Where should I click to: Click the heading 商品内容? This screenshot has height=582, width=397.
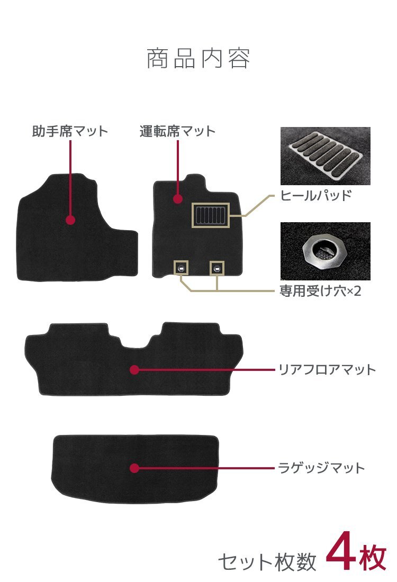[x=198, y=58]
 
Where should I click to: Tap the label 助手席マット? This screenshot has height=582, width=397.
[x=70, y=131]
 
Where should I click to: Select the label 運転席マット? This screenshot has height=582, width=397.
[x=177, y=131]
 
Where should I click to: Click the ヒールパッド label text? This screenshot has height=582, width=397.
[x=315, y=195]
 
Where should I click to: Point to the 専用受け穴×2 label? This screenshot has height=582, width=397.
[x=320, y=290]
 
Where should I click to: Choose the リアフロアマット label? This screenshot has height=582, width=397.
[x=327, y=370]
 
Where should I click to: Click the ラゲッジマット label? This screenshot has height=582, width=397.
[x=322, y=468]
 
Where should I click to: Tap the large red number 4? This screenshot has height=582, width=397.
[x=341, y=556]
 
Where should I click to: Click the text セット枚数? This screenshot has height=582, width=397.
[x=267, y=561]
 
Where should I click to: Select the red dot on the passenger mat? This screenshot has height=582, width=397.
[x=70, y=220]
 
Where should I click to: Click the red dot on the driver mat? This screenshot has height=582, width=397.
[x=178, y=199]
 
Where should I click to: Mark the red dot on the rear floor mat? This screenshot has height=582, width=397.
[x=134, y=370]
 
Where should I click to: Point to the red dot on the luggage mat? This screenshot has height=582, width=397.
[x=134, y=468]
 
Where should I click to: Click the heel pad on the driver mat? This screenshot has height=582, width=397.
[x=211, y=215]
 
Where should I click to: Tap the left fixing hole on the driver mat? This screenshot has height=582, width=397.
[x=181, y=268]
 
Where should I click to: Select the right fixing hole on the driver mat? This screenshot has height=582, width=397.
[x=217, y=268]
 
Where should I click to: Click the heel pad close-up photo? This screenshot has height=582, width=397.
[x=326, y=156]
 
